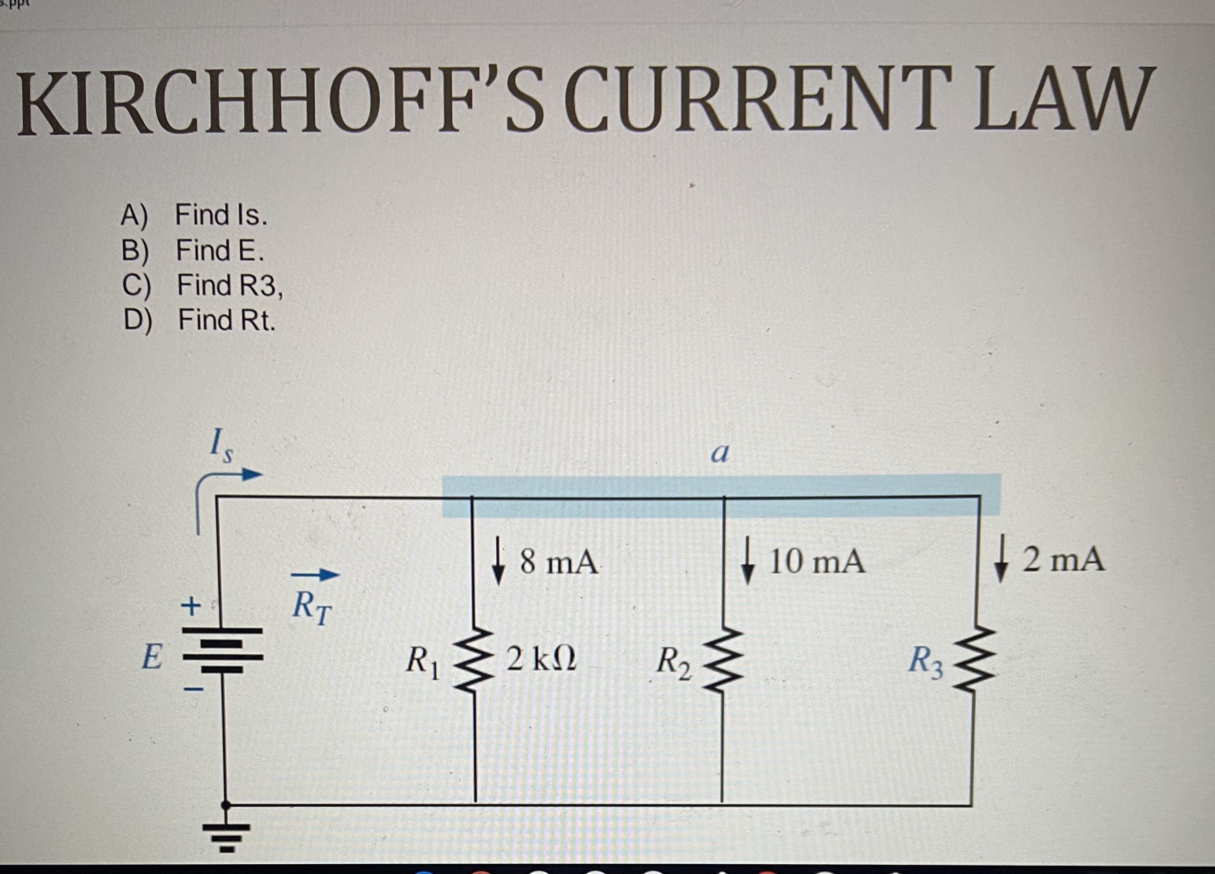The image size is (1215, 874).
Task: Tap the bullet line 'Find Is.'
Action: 221,215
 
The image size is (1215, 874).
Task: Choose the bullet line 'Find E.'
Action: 220,250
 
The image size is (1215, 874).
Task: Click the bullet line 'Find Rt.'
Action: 226,320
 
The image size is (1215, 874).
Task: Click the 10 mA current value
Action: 816,563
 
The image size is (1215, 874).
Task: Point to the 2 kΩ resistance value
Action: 541,659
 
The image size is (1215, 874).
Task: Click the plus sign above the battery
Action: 190,607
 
